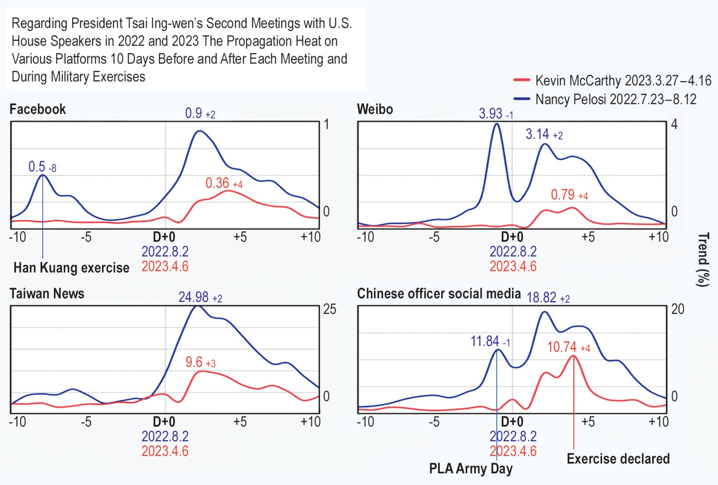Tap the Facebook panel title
[38, 109]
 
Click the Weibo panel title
[375, 109]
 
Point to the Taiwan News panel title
[47, 294]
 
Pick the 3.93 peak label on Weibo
[495, 114]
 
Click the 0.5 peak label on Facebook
[42, 167]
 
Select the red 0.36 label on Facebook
[223, 183]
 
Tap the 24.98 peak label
[200, 297]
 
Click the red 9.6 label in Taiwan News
[200, 362]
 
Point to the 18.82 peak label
[548, 298]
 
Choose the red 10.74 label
[568, 347]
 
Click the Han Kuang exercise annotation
[71, 268]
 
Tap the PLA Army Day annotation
[471, 468]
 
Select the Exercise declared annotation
[618, 459]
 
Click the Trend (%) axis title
[703, 259]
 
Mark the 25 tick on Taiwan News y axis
[329, 309]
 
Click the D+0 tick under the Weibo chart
[512, 237]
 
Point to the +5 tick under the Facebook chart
[240, 237]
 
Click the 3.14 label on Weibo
[544, 134]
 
